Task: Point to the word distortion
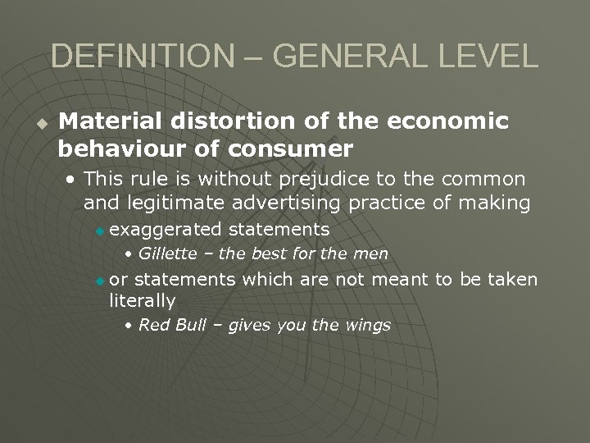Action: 221,122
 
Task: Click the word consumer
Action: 291,149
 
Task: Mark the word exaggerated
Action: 165,229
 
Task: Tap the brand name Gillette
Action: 167,253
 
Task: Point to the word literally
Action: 143,301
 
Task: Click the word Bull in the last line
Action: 187,325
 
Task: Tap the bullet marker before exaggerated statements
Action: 100,231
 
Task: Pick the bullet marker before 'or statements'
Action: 100,281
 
